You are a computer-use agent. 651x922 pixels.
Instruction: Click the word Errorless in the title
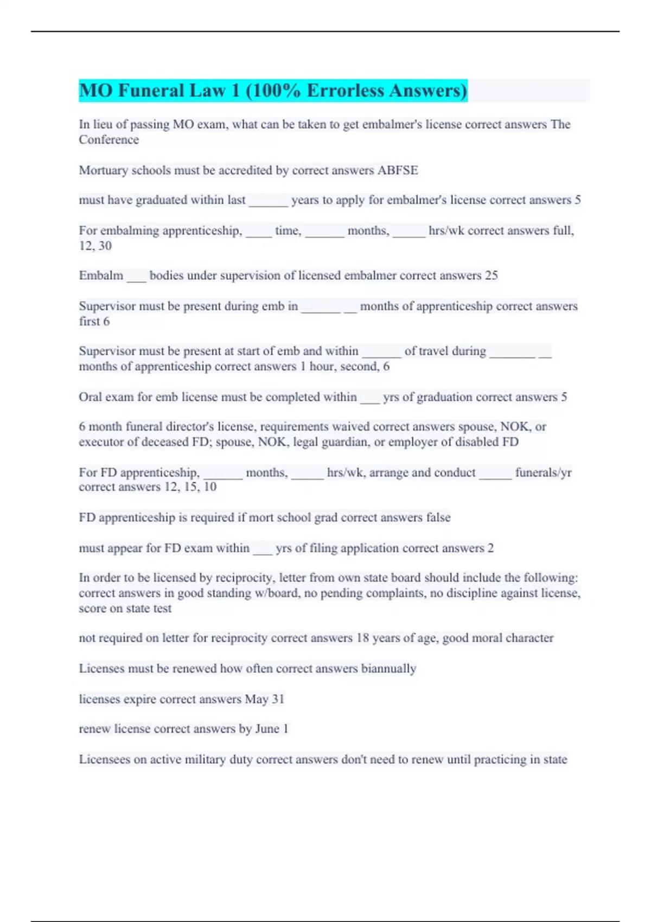(346, 91)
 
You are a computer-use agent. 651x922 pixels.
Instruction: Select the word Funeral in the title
(150, 91)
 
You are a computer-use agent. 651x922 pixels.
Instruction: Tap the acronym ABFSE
(398, 170)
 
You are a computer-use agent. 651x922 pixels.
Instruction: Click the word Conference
(108, 140)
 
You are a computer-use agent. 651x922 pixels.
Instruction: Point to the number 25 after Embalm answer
(491, 276)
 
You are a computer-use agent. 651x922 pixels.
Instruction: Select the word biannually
(388, 669)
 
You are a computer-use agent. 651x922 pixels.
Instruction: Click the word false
(438, 517)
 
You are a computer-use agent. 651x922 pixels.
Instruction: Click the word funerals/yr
(543, 472)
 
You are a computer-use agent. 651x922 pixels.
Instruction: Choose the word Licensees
(104, 759)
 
